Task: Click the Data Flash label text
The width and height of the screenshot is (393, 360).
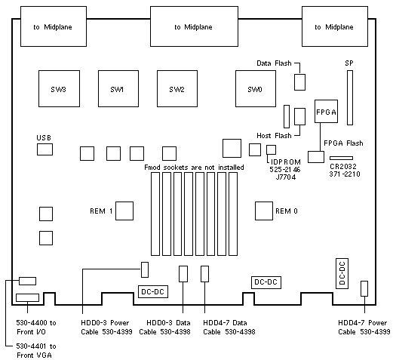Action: click(274, 63)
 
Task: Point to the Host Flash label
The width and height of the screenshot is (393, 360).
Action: click(274, 136)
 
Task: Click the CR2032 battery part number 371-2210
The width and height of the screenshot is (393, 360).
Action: click(345, 174)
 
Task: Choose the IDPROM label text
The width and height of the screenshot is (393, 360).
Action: click(286, 162)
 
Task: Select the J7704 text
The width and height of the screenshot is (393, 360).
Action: click(286, 177)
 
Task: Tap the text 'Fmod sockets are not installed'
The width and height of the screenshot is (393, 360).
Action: click(194, 168)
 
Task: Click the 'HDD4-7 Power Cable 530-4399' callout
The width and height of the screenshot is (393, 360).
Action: click(364, 328)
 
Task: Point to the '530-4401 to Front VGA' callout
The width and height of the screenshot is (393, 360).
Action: click(36, 351)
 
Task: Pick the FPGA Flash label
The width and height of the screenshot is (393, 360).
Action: click(343, 143)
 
